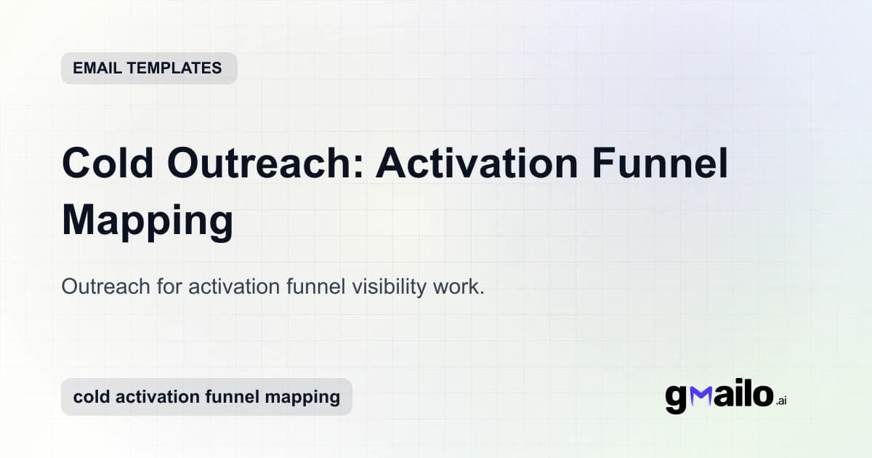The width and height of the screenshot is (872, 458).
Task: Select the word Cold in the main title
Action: tap(108, 164)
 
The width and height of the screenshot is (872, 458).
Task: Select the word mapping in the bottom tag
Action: tap(306, 397)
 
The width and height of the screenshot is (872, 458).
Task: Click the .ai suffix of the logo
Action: tap(781, 401)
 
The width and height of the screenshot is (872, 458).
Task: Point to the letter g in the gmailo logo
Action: tap(677, 398)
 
